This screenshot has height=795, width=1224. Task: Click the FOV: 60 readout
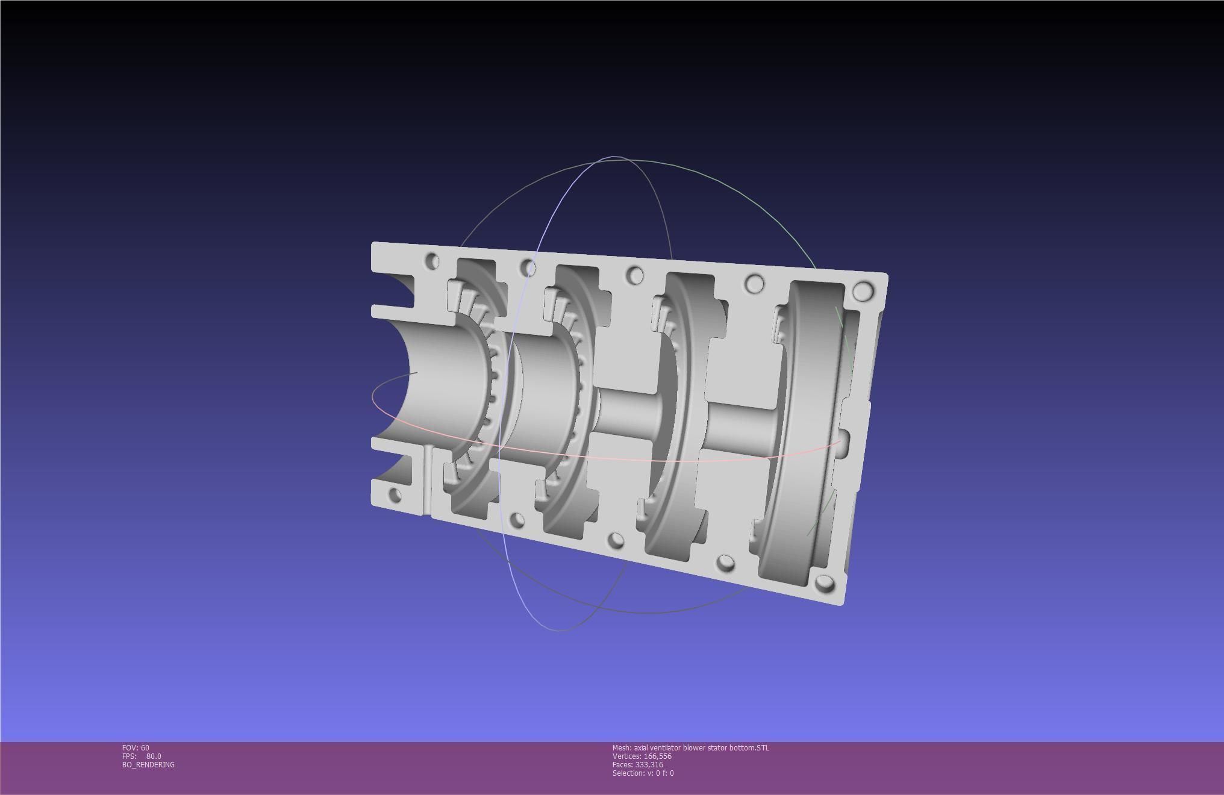[136, 747]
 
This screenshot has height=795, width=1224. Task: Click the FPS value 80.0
[154, 756]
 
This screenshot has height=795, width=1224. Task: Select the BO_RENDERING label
[148, 764]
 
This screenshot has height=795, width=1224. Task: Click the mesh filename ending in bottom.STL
[690, 747]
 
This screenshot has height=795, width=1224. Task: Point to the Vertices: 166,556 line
[642, 756]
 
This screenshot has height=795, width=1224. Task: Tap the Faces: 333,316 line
[637, 764]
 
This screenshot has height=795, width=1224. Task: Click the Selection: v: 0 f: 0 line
[643, 773]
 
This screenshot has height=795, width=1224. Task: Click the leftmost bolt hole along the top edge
[432, 261]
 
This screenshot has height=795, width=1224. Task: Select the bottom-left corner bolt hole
[395, 496]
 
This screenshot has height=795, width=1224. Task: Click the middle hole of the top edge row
[635, 276]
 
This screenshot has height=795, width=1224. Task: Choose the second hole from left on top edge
[528, 267]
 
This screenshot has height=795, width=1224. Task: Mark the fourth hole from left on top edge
[754, 283]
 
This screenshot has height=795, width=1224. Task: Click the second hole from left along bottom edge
[517, 520]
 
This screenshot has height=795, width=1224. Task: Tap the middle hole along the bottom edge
[616, 540]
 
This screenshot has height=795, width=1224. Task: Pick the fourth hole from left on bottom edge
[726, 563]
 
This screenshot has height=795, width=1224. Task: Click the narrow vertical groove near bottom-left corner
[427, 482]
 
